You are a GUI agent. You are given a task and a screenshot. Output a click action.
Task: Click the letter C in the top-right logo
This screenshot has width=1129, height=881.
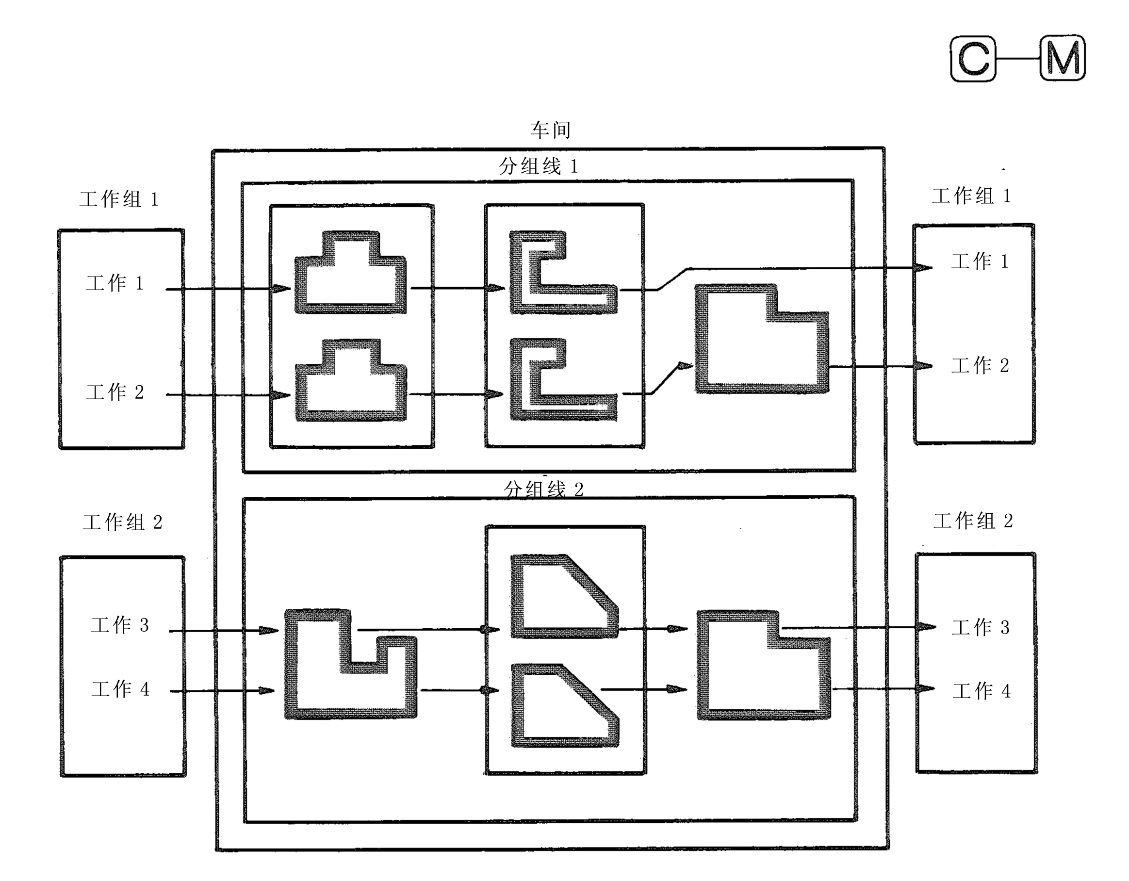click(974, 58)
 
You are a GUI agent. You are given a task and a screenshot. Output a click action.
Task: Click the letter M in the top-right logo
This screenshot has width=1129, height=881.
click(1063, 58)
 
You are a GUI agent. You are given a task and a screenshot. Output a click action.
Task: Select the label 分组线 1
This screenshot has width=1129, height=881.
click(538, 166)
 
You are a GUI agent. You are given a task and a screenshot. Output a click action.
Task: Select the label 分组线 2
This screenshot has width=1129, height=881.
click(543, 489)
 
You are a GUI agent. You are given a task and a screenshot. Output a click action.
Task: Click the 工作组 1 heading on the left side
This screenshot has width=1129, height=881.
click(118, 199)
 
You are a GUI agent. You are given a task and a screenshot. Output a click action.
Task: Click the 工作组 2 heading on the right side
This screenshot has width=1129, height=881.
click(973, 521)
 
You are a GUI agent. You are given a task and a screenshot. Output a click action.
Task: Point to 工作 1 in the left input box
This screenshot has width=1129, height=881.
click(115, 283)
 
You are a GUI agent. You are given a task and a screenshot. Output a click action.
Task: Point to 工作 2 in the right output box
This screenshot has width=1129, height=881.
click(980, 365)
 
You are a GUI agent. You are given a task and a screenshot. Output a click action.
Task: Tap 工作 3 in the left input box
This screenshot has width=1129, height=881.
click(120, 625)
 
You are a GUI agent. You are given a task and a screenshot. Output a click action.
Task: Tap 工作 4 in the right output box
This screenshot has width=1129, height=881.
click(981, 691)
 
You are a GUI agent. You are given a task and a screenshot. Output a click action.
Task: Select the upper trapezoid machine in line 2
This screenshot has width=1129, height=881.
click(518, 597)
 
